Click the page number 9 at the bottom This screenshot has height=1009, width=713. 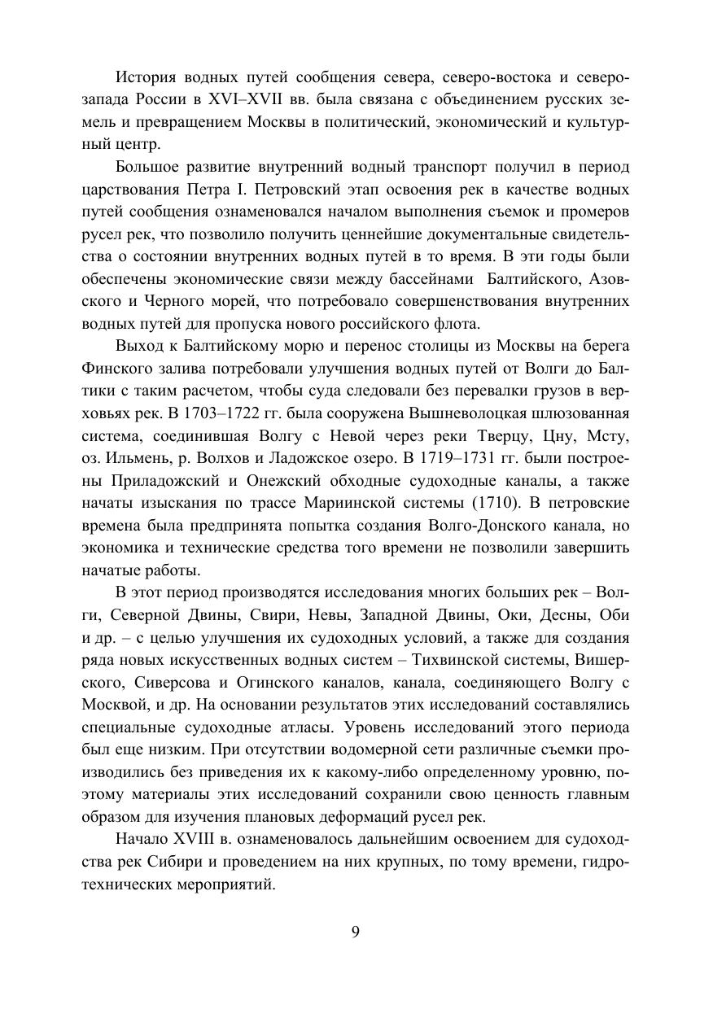356,933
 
